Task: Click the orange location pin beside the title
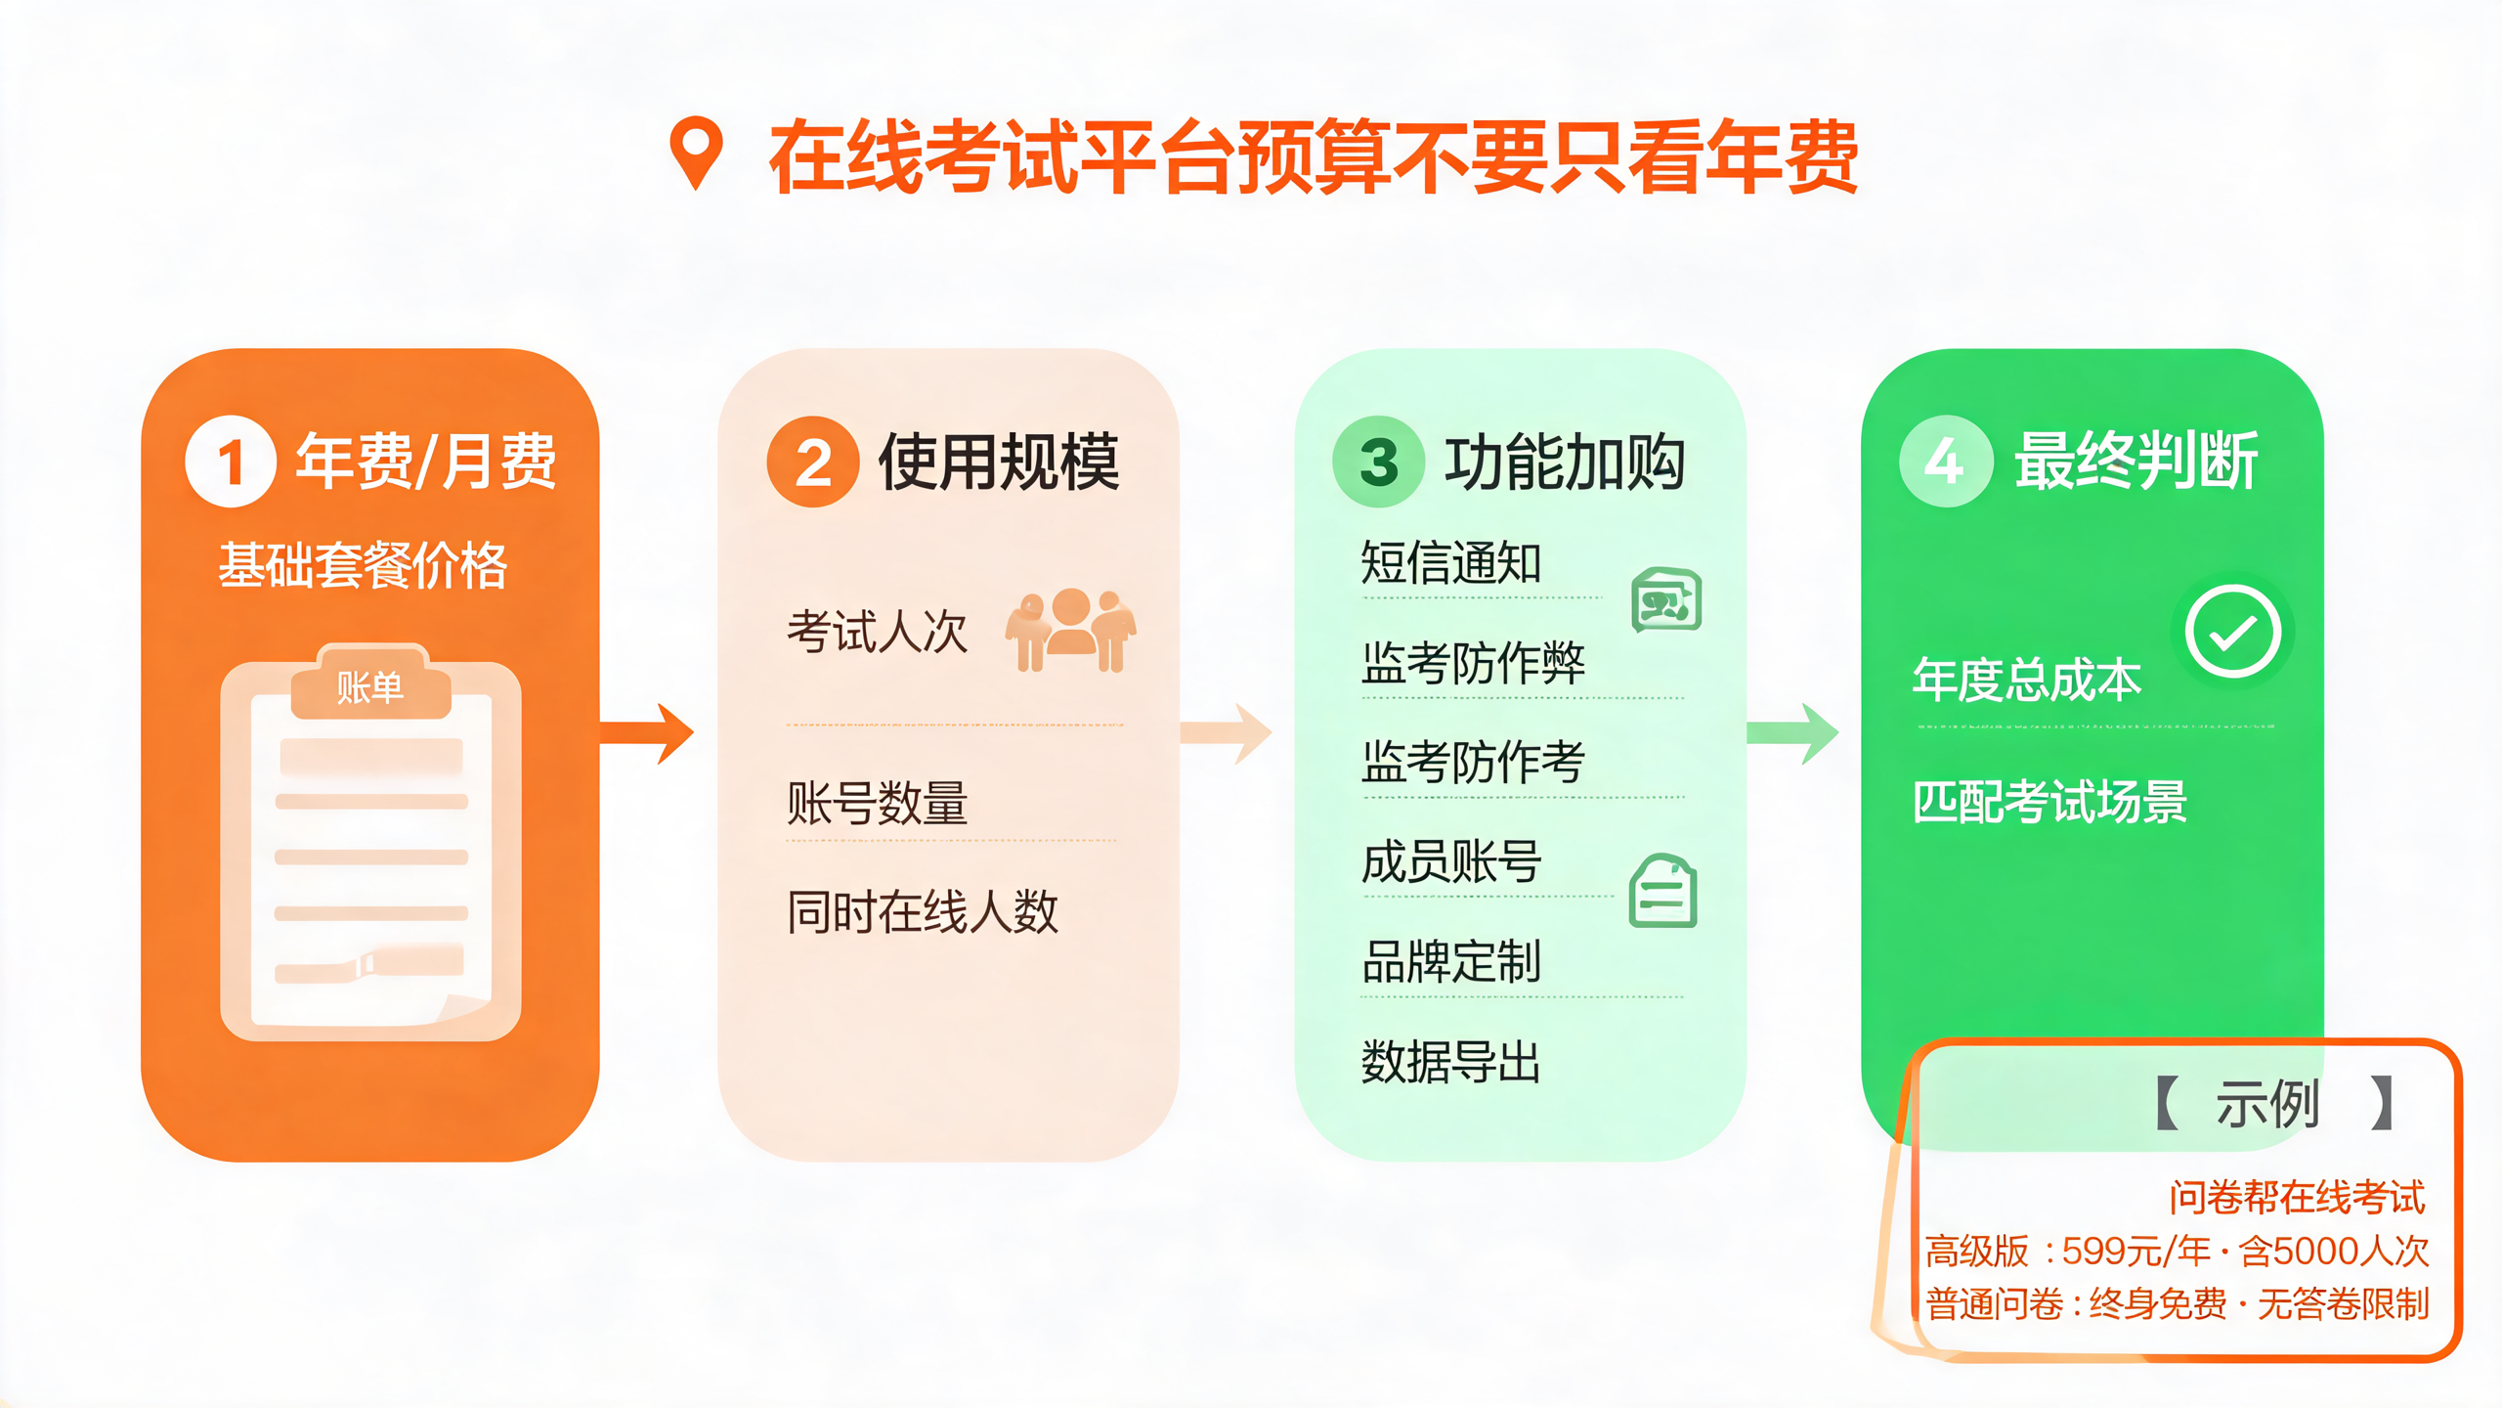(696, 153)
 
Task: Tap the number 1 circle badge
(231, 462)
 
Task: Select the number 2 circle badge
(813, 462)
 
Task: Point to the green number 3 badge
(1379, 462)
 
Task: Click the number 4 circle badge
(1946, 462)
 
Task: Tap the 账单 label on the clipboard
(370, 687)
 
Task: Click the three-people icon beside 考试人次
(1071, 630)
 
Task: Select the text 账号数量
(878, 803)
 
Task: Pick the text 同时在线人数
(923, 911)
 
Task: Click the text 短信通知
(1451, 562)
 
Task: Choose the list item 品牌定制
(1451, 961)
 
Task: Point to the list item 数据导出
(1451, 1062)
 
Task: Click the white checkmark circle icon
(2233, 631)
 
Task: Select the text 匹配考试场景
(2049, 802)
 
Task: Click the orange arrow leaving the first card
(646, 733)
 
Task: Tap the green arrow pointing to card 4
(1792, 733)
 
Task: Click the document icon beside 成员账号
(1663, 891)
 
